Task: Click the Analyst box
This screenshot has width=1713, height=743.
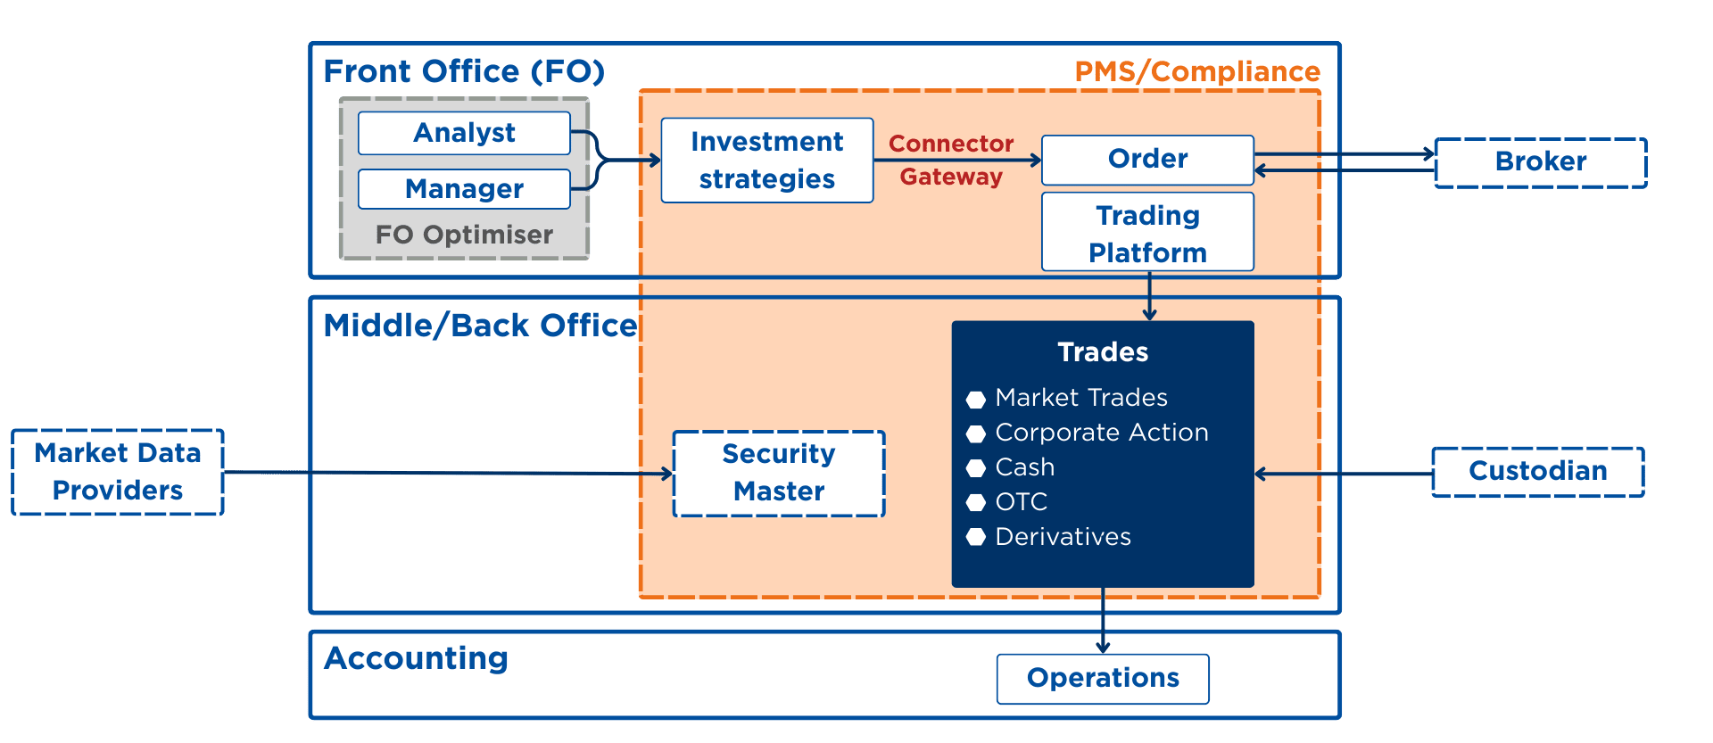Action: click(x=464, y=133)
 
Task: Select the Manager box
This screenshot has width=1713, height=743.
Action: click(x=464, y=189)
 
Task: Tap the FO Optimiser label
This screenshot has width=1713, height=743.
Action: click(x=464, y=235)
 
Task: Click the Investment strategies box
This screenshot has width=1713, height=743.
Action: click(x=766, y=161)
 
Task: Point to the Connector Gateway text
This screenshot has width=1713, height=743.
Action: click(x=951, y=160)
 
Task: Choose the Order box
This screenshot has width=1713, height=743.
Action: click(x=1147, y=160)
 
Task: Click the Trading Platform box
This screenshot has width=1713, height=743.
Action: click(x=1147, y=233)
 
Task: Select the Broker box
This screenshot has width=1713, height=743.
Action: click(x=1540, y=162)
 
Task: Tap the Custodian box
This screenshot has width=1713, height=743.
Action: click(x=1537, y=472)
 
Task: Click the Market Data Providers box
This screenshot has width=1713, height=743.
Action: click(x=118, y=472)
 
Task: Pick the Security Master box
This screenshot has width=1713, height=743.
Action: click(x=779, y=473)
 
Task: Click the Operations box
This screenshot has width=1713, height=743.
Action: click(x=1103, y=679)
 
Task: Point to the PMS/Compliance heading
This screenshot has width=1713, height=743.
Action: click(x=1196, y=72)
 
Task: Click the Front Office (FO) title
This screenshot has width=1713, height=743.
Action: click(x=464, y=71)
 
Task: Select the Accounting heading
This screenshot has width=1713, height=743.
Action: click(x=416, y=658)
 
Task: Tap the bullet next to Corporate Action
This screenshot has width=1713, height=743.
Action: click(x=976, y=434)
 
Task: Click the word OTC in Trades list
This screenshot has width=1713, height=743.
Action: click(x=1022, y=502)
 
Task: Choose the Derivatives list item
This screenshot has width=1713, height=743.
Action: click(x=1063, y=537)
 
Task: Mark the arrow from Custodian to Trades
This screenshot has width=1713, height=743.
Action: click(x=1343, y=474)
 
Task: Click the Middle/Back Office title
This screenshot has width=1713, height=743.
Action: click(x=480, y=326)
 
